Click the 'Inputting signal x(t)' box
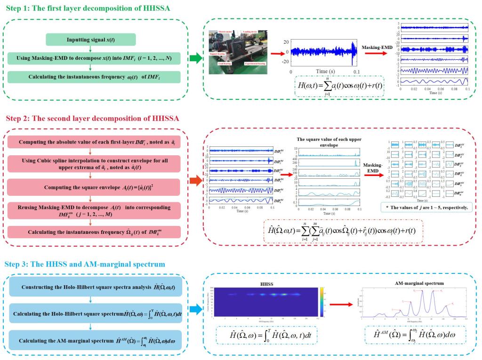[91, 40]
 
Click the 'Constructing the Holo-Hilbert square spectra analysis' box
[94, 287]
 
